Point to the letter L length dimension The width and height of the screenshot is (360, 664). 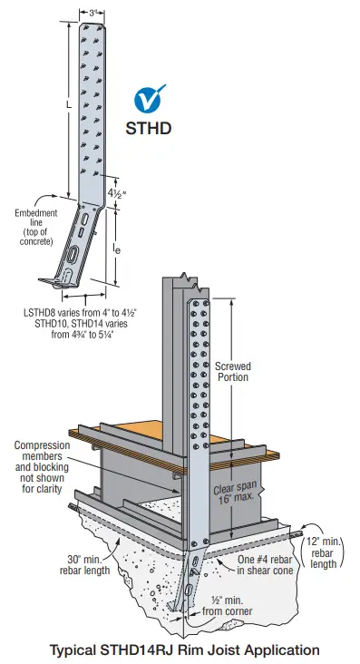pos(69,107)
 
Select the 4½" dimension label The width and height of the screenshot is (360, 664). pos(116,192)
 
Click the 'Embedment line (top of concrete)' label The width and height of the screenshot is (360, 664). pos(35,227)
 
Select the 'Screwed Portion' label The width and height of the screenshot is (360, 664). pos(233,372)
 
